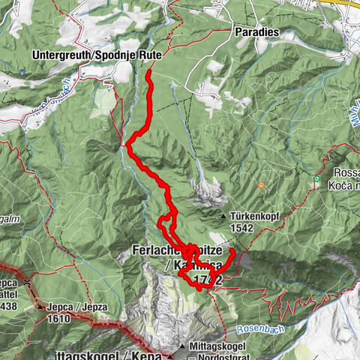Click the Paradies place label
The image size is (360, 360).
[x=256, y=33]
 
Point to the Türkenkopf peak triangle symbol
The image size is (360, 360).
[x=223, y=217]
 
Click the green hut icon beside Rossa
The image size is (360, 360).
[x=317, y=179]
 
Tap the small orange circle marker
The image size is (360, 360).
[x=261, y=185]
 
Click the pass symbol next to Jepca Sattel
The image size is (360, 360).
[x=28, y=281]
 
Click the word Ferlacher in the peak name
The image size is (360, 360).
[x=158, y=250]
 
